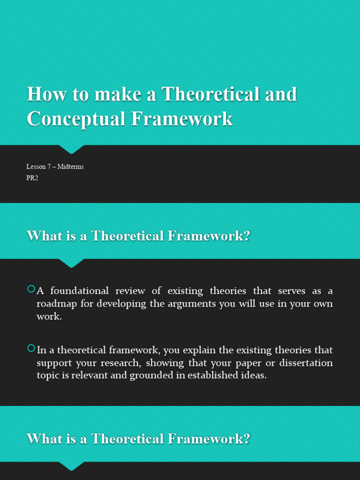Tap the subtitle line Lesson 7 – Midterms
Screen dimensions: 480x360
tap(55, 166)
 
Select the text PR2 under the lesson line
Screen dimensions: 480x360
tap(32, 178)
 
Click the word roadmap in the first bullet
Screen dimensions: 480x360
tap(56, 303)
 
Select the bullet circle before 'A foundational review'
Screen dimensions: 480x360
tap(31, 289)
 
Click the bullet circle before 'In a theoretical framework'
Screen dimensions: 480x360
tap(31, 348)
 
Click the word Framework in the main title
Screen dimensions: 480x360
tap(182, 119)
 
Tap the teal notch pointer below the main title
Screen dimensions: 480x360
tap(72, 149)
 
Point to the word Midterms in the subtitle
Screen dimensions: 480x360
tap(70, 166)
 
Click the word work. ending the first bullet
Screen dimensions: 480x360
tap(49, 316)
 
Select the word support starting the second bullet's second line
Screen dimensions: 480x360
tap(53, 363)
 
